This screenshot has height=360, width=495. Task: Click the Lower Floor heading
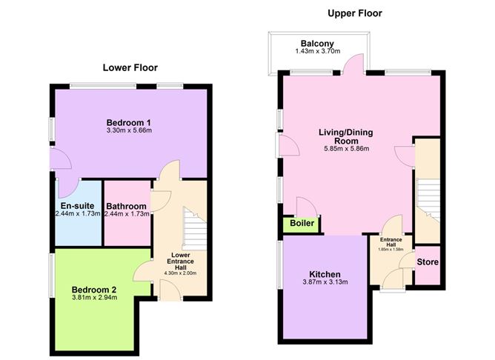[129, 67]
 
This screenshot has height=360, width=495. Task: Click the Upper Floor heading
[355, 13]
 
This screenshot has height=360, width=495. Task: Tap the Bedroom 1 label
[129, 121]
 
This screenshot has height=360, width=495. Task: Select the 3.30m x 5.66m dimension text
[129, 131]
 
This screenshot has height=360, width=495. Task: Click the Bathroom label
[127, 205]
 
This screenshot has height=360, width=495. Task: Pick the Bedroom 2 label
[94, 289]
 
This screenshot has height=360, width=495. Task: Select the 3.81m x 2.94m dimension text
[94, 299]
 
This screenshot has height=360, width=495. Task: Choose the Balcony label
[316, 42]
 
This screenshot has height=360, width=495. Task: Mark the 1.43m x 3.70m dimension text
[316, 52]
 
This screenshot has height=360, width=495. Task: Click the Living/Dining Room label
[346, 137]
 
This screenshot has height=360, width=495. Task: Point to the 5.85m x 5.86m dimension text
[346, 149]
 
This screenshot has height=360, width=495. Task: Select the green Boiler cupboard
[300, 224]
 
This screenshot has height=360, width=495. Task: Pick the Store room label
[427, 261]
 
